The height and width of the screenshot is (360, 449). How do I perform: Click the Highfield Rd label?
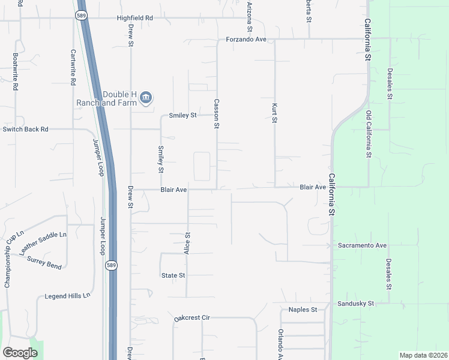pyautogui.click(x=135, y=18)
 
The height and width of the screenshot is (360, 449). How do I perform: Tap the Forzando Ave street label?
pyautogui.click(x=246, y=40)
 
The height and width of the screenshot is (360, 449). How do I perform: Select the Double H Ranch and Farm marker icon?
pyautogui.click(x=145, y=98)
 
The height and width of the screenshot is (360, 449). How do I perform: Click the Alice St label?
pyautogui.click(x=187, y=244)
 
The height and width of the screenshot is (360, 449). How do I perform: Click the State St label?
pyautogui.click(x=173, y=275)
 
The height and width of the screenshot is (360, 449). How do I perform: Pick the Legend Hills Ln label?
pyautogui.click(x=67, y=296)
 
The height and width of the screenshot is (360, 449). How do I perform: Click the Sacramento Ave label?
pyautogui.click(x=362, y=245)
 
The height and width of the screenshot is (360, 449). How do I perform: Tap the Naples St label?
pyautogui.click(x=303, y=310)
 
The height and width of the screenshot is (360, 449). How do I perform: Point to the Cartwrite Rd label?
pyautogui.click(x=73, y=68)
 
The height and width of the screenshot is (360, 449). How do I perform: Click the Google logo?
pyautogui.click(x=20, y=353)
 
